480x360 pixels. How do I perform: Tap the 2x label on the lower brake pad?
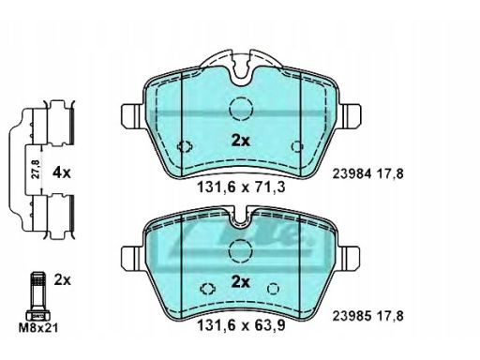pos(241,283)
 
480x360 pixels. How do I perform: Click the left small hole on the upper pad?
pos(185,146)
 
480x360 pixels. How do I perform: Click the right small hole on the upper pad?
pos(298,146)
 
